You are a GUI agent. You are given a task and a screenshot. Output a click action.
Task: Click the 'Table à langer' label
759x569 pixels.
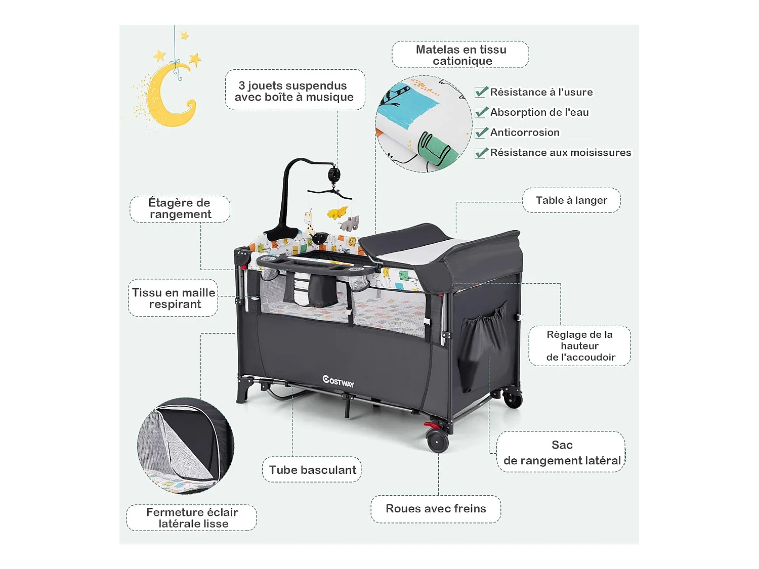(571, 200)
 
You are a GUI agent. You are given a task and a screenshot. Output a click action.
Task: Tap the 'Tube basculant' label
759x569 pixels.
(312, 470)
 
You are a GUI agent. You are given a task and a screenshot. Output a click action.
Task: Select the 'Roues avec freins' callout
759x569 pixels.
(436, 509)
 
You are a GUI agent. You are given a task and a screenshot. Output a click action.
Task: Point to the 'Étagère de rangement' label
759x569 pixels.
(180, 209)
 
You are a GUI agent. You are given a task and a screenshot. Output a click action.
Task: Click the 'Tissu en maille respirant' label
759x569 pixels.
(174, 298)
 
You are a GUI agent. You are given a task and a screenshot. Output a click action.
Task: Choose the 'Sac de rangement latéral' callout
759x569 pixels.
(561, 452)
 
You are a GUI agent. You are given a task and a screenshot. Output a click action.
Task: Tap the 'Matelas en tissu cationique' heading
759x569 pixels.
(460, 55)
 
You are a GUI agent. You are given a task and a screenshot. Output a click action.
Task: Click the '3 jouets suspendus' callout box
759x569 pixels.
(294, 91)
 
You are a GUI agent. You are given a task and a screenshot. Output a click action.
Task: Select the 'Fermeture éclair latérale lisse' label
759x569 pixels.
(192, 518)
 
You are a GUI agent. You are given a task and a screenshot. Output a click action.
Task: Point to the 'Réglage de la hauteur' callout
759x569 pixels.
(580, 346)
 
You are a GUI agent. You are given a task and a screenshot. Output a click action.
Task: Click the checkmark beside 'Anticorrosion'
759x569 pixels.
(481, 133)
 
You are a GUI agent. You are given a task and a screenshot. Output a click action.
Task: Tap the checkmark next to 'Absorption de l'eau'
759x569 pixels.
(481, 112)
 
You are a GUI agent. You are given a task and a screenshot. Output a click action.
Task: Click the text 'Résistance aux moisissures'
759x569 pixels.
(560, 153)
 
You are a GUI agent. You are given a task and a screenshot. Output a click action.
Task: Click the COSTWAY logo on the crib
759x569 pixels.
(339, 381)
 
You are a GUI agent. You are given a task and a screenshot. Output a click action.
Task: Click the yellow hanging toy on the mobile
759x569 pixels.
(336, 212)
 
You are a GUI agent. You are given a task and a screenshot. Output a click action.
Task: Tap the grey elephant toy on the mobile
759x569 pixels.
(349, 223)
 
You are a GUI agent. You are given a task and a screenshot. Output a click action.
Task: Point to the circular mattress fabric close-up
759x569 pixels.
(424, 124)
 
